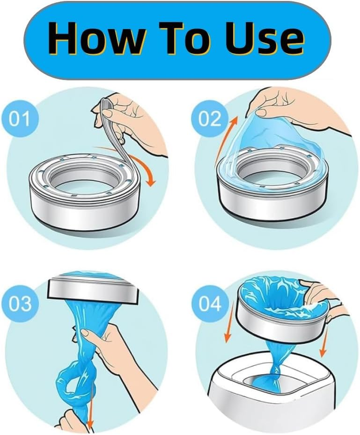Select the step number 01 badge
(x=19, y=119)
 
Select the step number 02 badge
(x=210, y=119)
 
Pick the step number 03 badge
(x=19, y=304)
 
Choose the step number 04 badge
(x=210, y=304)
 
